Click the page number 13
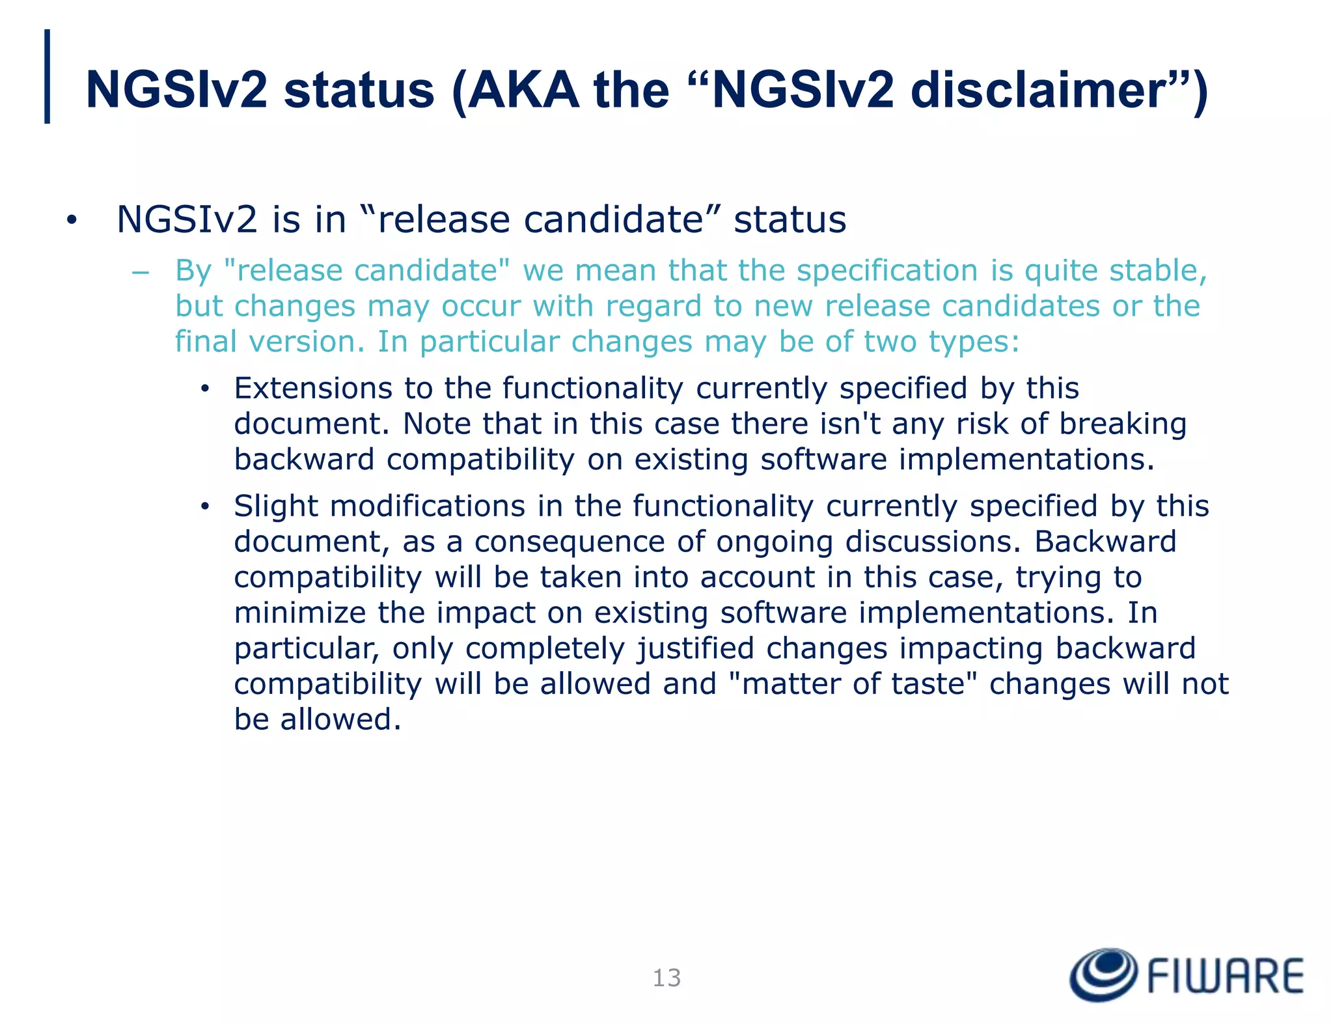(666, 978)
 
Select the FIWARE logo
(1187, 975)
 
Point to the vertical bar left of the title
(47, 76)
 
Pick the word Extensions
(313, 388)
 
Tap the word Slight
(275, 506)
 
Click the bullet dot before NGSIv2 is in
(71, 221)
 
